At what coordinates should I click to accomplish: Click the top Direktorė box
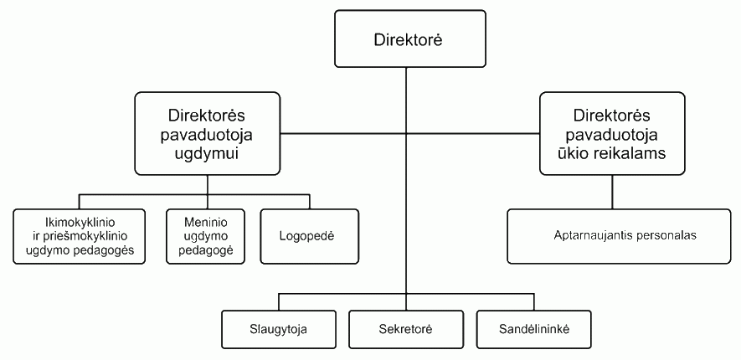(410, 39)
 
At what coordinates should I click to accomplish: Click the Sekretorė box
(405, 328)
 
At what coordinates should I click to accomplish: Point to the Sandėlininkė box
(533, 328)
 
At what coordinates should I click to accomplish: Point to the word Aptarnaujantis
(589, 235)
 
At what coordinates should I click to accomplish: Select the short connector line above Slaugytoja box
(280, 303)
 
